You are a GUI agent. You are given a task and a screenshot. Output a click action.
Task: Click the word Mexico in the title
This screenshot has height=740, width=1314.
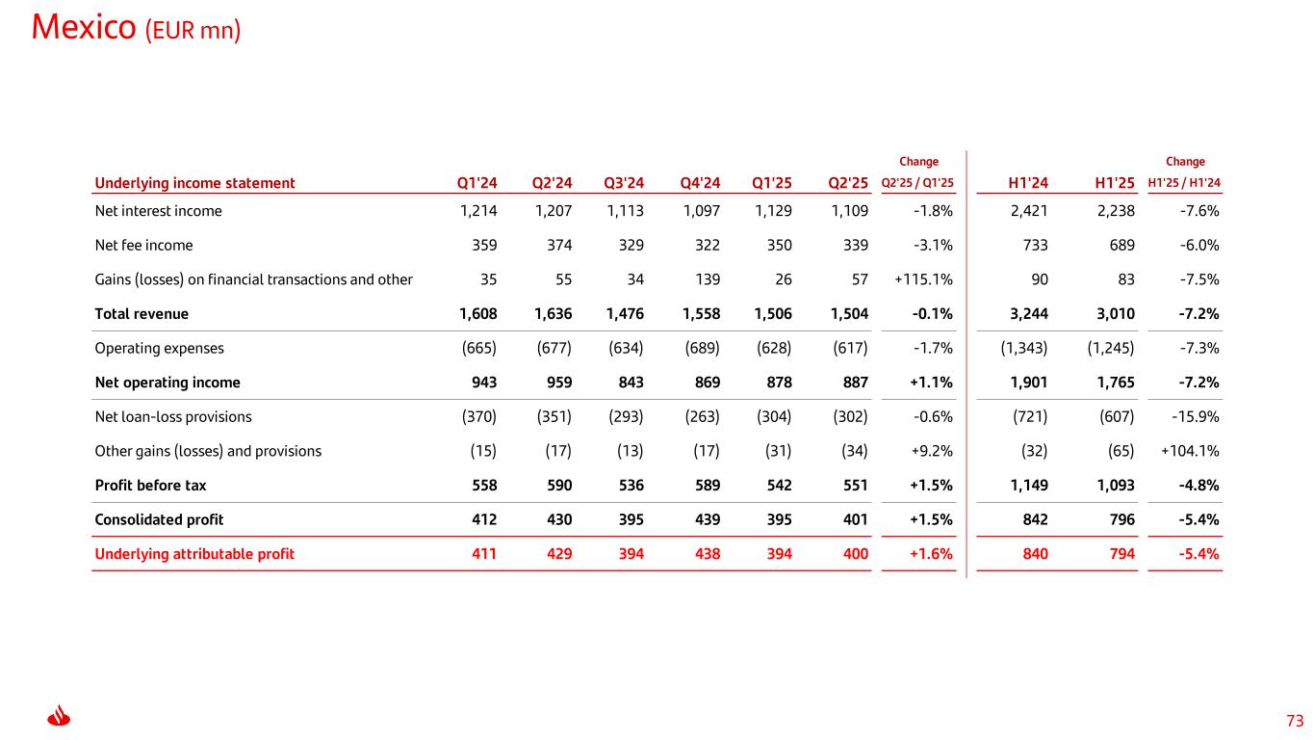85,28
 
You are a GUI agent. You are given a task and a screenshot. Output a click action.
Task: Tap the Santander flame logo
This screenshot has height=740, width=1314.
60,717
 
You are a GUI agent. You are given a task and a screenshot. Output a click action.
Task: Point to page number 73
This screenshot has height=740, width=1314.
1294,721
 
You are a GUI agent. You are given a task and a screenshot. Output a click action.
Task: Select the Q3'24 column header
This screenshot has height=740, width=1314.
624,183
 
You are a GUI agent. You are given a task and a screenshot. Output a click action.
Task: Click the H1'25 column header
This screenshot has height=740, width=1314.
1115,183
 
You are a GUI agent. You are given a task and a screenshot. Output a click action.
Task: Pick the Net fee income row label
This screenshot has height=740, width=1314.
143,245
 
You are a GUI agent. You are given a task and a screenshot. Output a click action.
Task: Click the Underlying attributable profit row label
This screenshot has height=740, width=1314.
194,554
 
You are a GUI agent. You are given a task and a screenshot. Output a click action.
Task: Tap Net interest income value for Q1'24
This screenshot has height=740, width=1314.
478,211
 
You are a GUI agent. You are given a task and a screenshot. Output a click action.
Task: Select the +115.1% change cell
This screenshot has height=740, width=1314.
923,279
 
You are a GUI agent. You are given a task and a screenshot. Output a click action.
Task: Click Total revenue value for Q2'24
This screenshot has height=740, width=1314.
552,314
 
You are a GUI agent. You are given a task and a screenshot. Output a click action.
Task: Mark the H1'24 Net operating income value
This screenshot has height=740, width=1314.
1027,383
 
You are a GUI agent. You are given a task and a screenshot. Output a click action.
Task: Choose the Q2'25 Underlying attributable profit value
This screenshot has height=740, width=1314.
854,554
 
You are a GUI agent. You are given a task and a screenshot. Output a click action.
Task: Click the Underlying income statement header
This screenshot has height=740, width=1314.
194,183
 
